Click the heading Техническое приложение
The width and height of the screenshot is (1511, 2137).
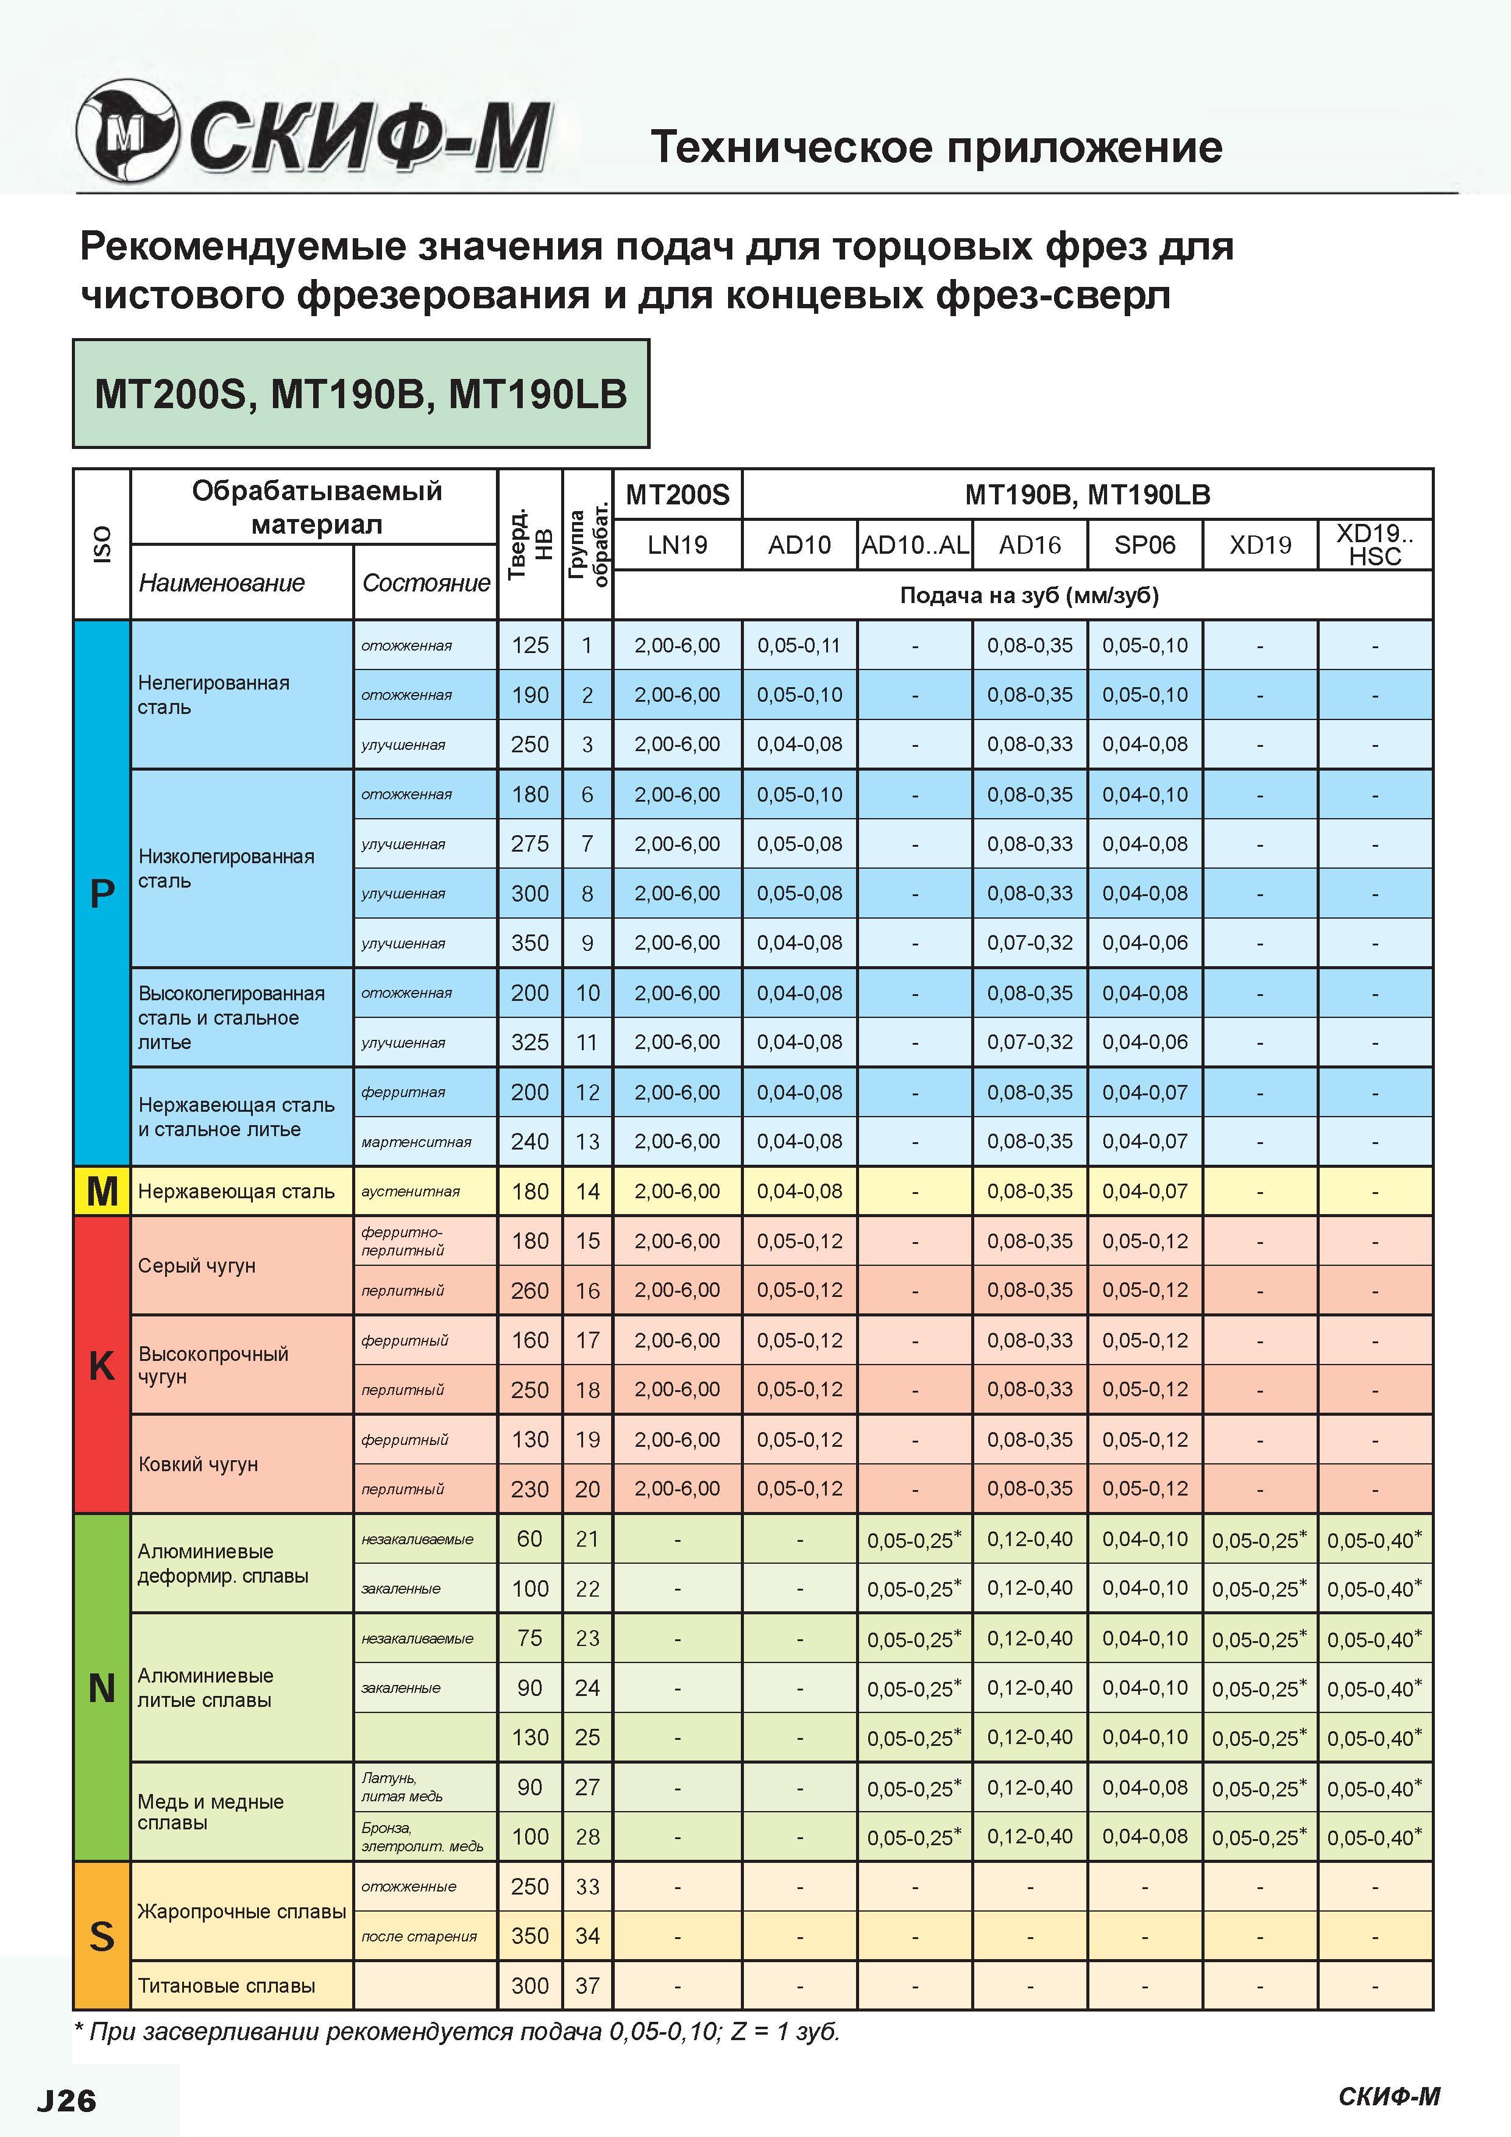(936, 147)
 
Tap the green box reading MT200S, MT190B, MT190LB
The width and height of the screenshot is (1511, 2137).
(361, 394)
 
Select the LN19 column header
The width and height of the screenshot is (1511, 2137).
(677, 545)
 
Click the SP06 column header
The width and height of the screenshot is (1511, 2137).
(1145, 545)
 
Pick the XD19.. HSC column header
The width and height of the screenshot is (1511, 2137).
(1375, 545)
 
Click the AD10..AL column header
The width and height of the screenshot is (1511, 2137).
(915, 545)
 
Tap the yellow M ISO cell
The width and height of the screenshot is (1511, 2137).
(102, 1190)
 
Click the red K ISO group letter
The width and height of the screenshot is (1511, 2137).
(102, 1365)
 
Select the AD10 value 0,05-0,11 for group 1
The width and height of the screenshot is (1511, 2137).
(799, 645)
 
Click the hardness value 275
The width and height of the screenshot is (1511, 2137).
(529, 843)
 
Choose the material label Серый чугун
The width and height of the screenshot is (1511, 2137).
(196, 1265)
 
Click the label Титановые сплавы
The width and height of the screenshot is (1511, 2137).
(226, 1985)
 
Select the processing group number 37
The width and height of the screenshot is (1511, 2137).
(587, 1985)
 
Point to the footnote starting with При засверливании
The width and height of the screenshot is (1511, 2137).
(457, 2031)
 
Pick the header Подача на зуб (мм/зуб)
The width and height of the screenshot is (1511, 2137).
(1028, 596)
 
